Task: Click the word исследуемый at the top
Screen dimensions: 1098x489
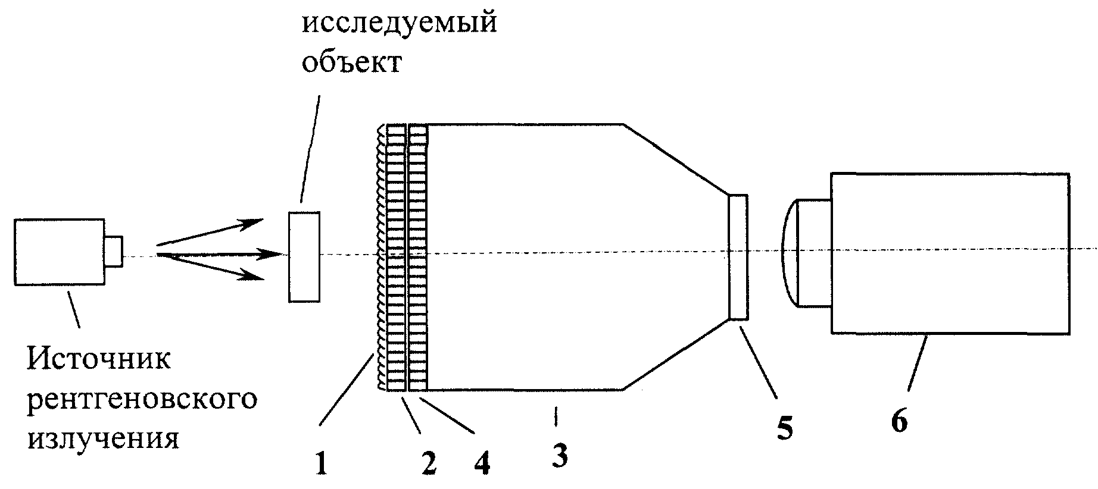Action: click(x=400, y=26)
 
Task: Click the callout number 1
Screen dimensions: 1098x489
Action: click(x=322, y=464)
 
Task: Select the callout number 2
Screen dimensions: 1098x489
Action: click(x=428, y=464)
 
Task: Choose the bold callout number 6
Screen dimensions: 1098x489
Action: click(x=899, y=422)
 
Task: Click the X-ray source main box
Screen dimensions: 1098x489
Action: click(x=60, y=252)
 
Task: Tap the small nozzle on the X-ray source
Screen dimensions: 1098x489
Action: click(x=114, y=250)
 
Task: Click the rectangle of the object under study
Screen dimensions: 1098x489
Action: click(x=304, y=256)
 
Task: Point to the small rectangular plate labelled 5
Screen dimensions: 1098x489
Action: click(x=738, y=257)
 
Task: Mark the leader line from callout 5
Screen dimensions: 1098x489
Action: click(x=759, y=359)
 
